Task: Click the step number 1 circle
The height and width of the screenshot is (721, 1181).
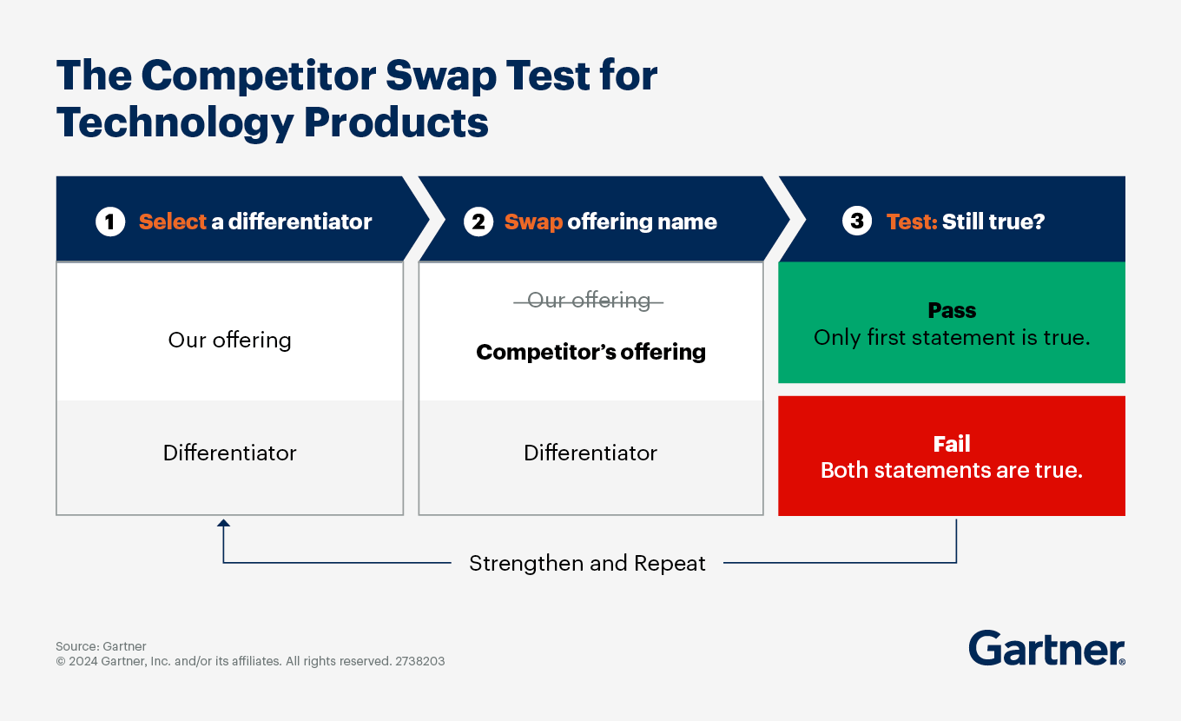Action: click(109, 222)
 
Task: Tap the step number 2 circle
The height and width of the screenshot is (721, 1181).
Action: click(478, 222)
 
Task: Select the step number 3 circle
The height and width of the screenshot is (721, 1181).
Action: click(856, 222)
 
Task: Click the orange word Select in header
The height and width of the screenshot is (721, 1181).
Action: click(173, 222)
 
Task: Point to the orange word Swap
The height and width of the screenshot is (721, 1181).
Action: click(533, 222)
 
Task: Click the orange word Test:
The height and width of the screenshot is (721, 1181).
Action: click(912, 222)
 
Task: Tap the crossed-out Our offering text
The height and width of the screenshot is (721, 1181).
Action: click(589, 301)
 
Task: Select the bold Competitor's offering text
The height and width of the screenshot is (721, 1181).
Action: click(590, 352)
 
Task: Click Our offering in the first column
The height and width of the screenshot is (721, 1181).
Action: click(229, 340)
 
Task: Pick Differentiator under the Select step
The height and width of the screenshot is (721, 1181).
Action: click(229, 453)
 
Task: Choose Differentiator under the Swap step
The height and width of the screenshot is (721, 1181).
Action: click(590, 453)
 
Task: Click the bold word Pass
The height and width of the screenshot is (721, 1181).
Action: click(952, 311)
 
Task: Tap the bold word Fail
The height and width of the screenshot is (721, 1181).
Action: click(952, 445)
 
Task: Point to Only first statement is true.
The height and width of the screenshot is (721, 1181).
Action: click(952, 338)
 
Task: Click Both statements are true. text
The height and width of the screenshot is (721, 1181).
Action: click(952, 471)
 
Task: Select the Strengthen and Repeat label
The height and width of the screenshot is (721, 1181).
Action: click(587, 563)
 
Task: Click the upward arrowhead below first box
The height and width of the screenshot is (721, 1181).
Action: click(223, 523)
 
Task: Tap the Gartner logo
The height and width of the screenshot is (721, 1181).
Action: click(1046, 649)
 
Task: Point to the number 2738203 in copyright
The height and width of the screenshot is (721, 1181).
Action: click(419, 661)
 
